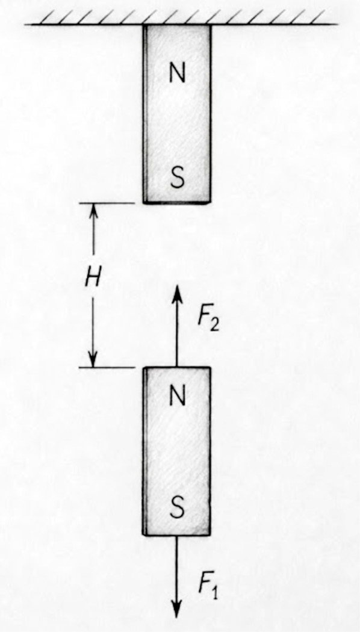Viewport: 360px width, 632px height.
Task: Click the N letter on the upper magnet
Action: tap(177, 73)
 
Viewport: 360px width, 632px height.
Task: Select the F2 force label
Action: tap(208, 320)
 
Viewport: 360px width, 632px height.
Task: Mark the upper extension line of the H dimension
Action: tap(107, 203)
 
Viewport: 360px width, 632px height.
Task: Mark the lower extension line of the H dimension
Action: tap(107, 367)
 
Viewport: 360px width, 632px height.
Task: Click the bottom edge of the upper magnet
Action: tap(176, 202)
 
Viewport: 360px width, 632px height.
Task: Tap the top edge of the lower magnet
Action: tap(176, 367)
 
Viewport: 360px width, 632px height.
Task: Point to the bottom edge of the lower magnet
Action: tap(176, 534)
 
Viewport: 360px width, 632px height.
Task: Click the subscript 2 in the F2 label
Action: tap(214, 325)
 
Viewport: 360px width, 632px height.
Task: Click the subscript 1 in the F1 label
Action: tap(214, 593)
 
